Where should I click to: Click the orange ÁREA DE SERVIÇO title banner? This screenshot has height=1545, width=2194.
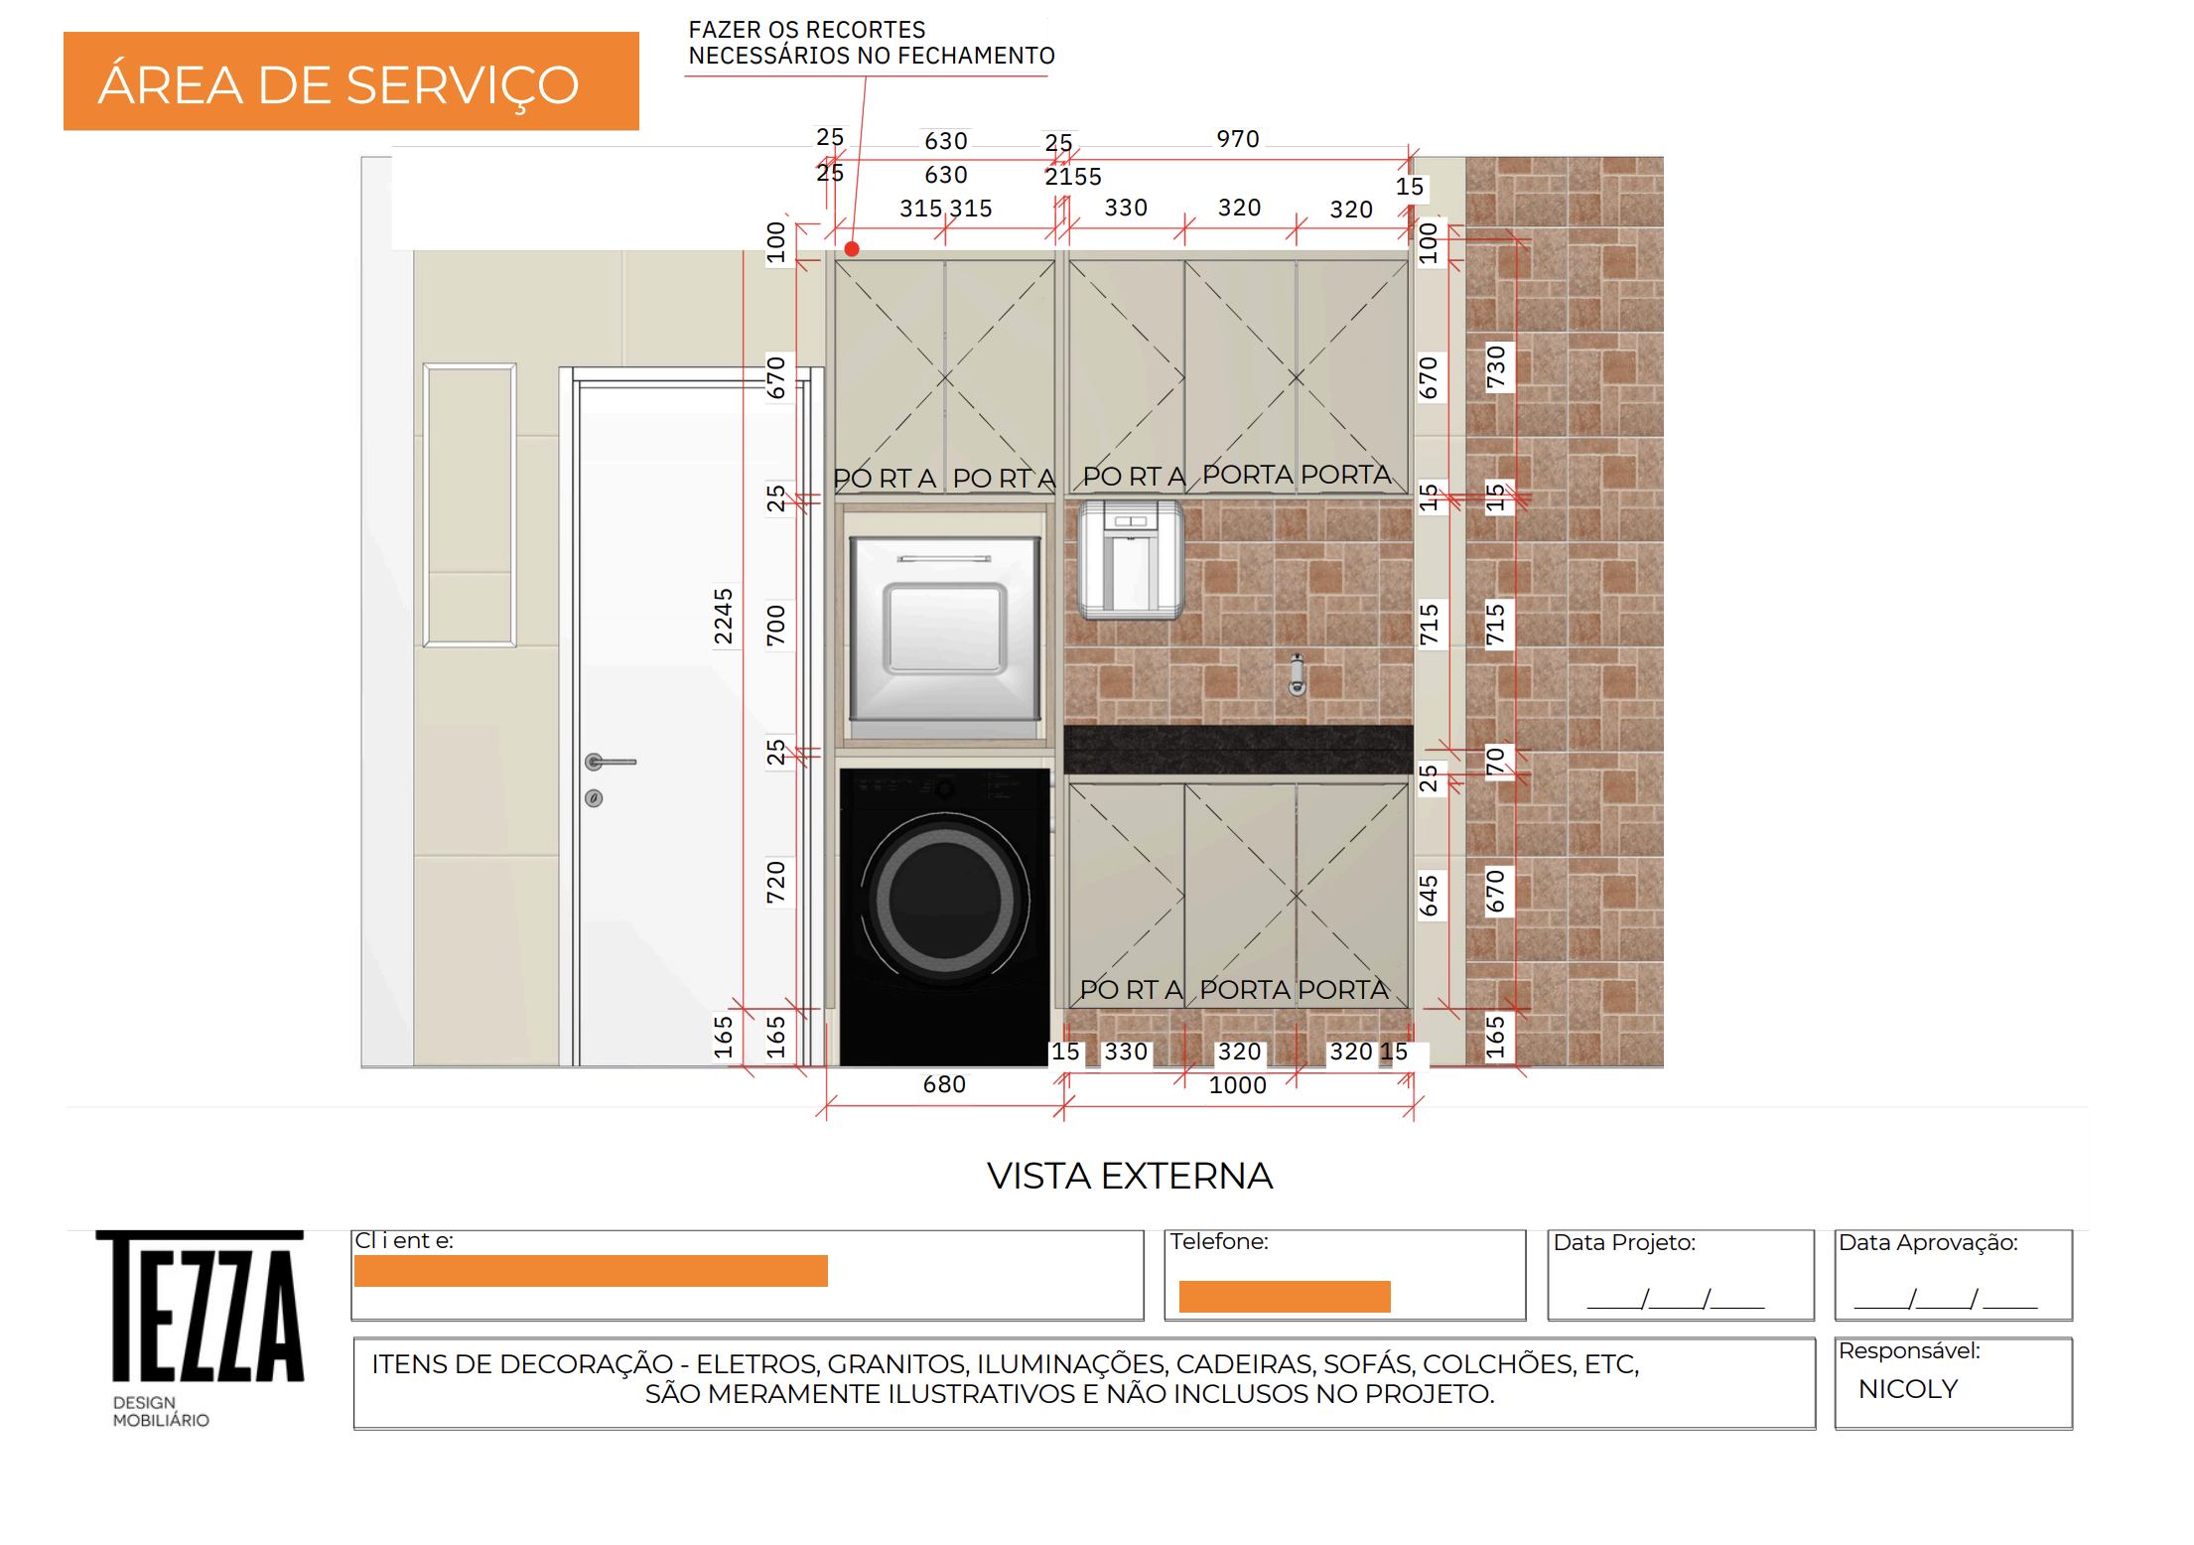[350, 81]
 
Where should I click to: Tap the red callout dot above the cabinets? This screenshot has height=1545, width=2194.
[852, 249]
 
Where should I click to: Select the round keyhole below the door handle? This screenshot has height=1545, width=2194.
[594, 798]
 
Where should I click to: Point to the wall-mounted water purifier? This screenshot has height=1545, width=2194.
[1131, 559]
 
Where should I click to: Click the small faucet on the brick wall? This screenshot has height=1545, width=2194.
[1297, 675]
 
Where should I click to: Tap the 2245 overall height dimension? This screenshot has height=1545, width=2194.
[724, 616]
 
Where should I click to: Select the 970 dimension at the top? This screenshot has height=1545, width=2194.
[1238, 139]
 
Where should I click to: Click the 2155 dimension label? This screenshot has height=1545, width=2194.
[1073, 177]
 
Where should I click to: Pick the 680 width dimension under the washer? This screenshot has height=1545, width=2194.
[944, 1084]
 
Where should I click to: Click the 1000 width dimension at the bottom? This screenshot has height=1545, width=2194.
[1238, 1085]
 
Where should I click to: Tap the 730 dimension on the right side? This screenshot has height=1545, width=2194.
[1496, 366]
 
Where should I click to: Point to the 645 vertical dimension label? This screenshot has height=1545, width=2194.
[1429, 896]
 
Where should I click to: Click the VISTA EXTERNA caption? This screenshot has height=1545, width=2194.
[1130, 1176]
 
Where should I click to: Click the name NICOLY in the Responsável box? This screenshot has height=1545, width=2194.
[1908, 1389]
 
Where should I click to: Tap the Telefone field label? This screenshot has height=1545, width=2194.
[1219, 1241]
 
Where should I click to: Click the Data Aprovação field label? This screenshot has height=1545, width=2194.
[1928, 1243]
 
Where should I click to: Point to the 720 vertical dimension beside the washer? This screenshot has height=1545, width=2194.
[776, 882]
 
